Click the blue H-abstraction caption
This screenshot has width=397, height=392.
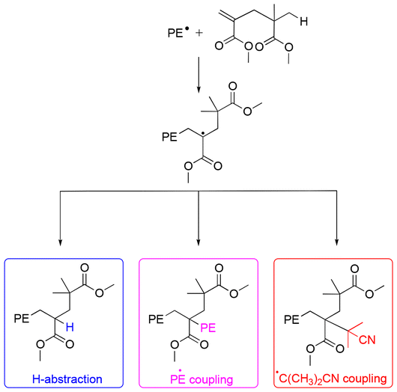pyautogui.click(x=67, y=379)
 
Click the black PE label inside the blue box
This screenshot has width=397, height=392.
pyautogui.click(x=23, y=319)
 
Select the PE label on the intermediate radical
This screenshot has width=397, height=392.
pyautogui.click(x=170, y=136)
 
